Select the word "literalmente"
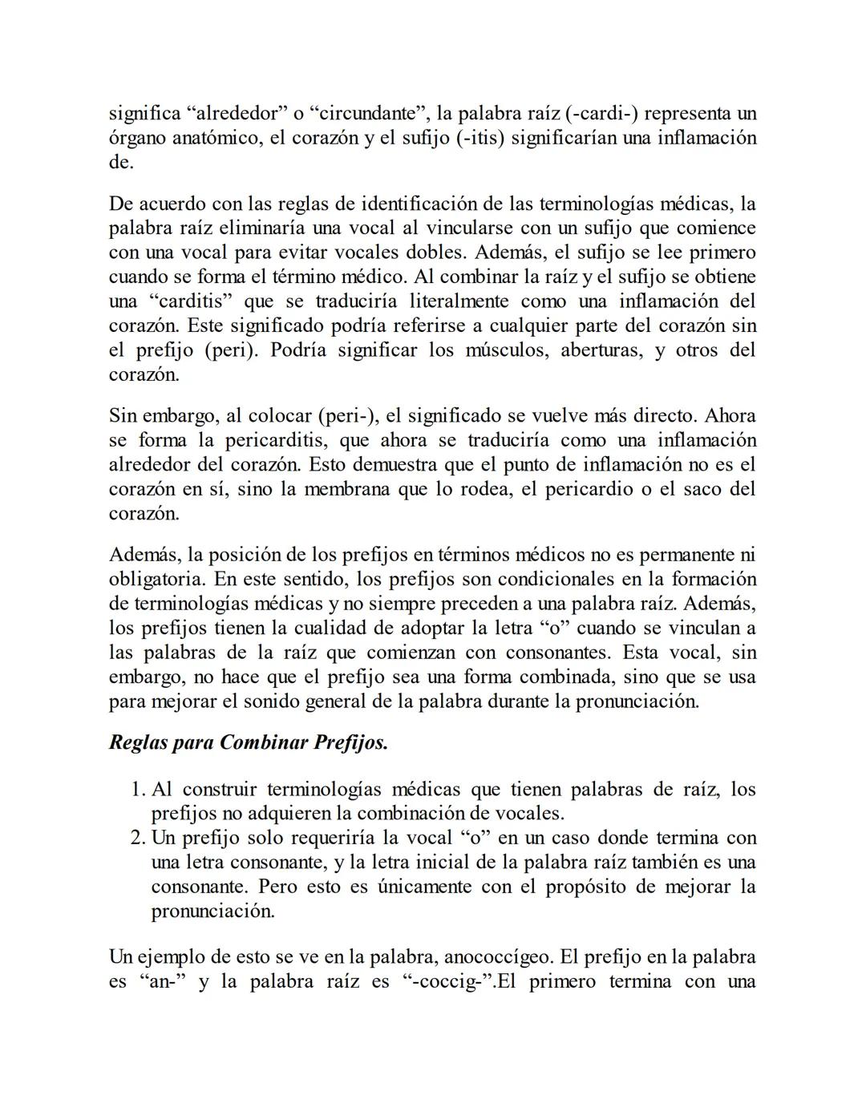point(455,301)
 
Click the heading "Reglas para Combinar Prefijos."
point(249,742)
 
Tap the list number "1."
point(137,790)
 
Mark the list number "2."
point(137,838)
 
